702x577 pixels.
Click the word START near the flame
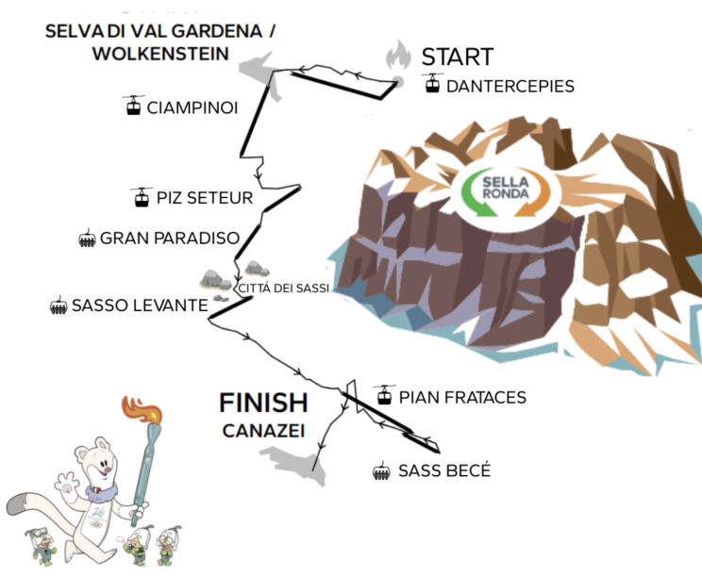tap(457, 56)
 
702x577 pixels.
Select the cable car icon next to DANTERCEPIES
tap(432, 85)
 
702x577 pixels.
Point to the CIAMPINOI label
tap(192, 107)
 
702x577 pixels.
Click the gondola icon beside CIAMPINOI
tap(134, 105)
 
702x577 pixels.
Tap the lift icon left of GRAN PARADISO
tap(87, 239)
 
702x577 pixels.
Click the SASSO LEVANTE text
tap(139, 305)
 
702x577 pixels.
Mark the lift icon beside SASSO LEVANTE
tap(58, 305)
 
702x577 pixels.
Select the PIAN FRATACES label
tap(463, 397)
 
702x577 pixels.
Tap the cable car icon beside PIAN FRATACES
tap(384, 396)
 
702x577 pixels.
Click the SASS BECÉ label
tap(444, 470)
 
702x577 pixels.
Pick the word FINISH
tap(263, 404)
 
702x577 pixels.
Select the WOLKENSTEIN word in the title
tap(160, 54)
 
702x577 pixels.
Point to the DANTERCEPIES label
tap(510, 86)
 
